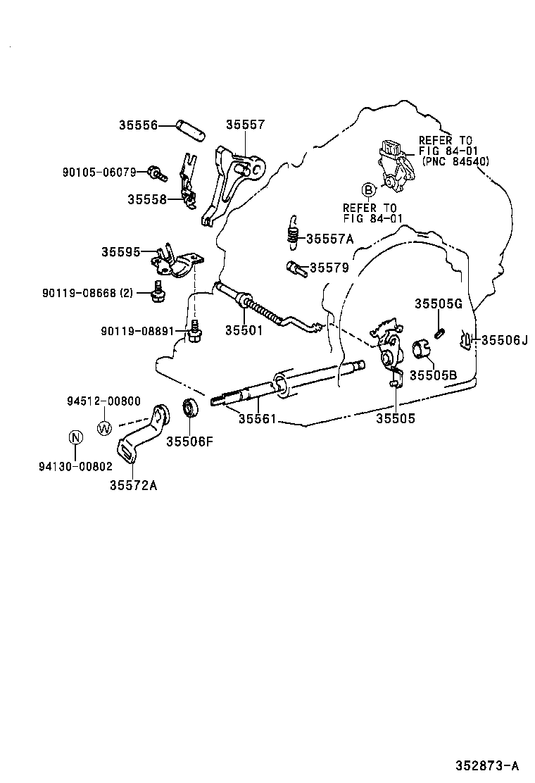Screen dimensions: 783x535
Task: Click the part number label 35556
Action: click(x=137, y=125)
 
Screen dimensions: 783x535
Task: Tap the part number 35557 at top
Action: click(x=245, y=125)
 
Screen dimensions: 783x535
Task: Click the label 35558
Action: click(x=146, y=199)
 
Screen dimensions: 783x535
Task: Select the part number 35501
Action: click(x=244, y=330)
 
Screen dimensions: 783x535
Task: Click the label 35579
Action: click(x=329, y=268)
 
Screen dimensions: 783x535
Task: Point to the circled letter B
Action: click(x=367, y=189)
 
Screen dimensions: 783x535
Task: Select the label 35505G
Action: click(x=437, y=303)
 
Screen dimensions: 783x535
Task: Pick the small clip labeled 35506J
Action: click(x=466, y=341)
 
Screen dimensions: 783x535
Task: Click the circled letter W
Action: click(x=104, y=427)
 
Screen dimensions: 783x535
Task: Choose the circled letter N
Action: click(x=75, y=438)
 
